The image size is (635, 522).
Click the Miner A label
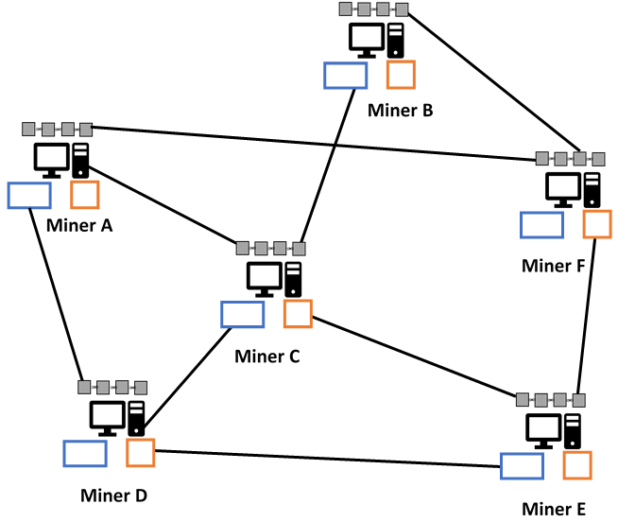pyautogui.click(x=78, y=225)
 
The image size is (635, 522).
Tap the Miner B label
pyautogui.click(x=400, y=111)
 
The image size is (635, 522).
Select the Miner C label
pyautogui.click(x=266, y=357)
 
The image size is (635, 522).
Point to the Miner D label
pyautogui.click(x=113, y=496)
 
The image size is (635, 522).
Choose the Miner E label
pyautogui.click(x=554, y=509)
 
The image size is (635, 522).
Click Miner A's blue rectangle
pyautogui.click(x=29, y=195)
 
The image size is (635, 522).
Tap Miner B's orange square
pyautogui.click(x=401, y=74)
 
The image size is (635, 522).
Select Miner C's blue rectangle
pyautogui.click(x=242, y=314)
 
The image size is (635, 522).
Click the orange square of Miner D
pyautogui.click(x=141, y=452)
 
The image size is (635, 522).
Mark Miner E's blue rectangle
pyautogui.click(x=522, y=466)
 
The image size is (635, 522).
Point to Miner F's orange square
pyautogui.click(x=596, y=224)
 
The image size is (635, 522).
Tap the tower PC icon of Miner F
pyautogui.click(x=592, y=189)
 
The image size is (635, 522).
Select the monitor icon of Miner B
pyautogui.click(x=366, y=39)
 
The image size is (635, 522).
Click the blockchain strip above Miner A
pyautogui.click(x=57, y=128)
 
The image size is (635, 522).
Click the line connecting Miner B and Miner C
pyautogui.click(x=324, y=165)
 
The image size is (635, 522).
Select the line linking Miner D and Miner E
pyautogui.click(x=328, y=458)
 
